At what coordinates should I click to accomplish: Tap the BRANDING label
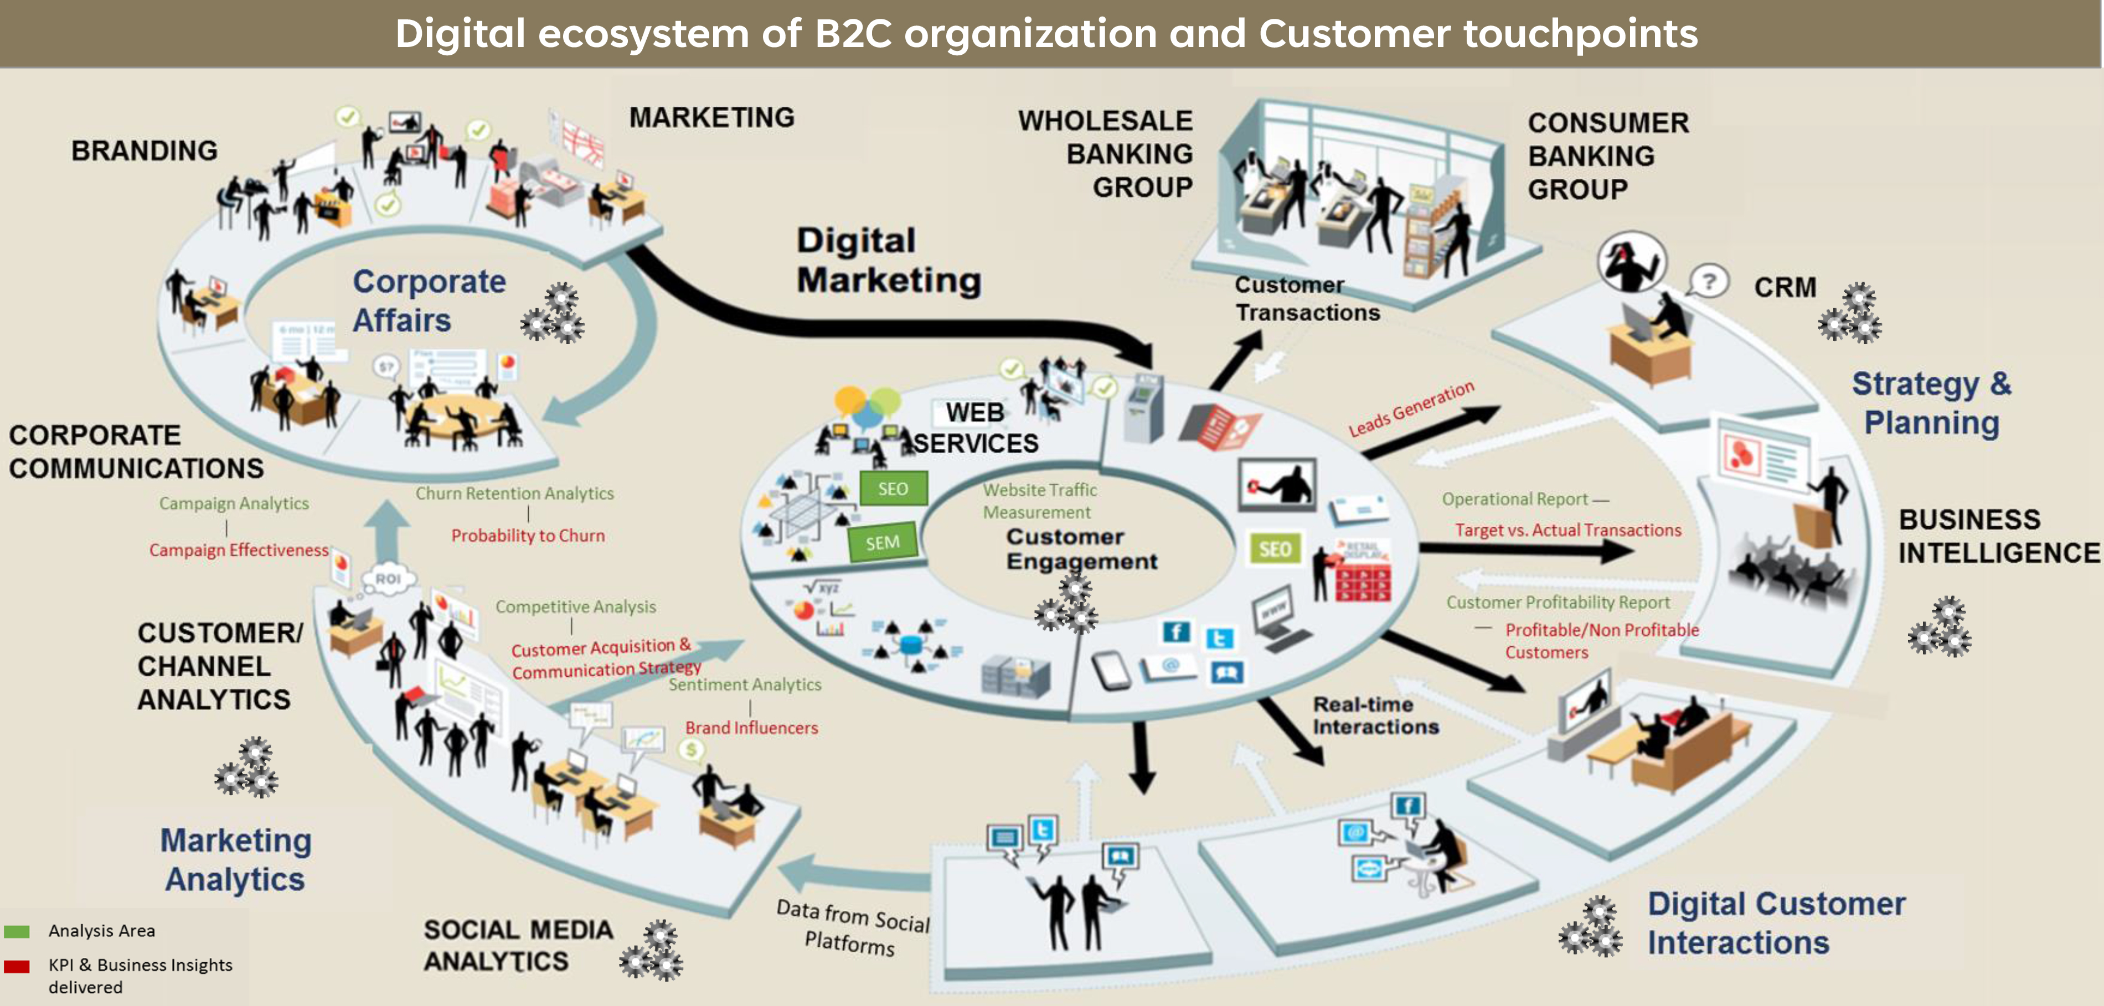[145, 151]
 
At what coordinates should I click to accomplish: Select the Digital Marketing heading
[889, 261]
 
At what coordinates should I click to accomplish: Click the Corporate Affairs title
[429, 300]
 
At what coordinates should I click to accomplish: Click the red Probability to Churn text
[528, 536]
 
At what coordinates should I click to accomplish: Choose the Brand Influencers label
[751, 728]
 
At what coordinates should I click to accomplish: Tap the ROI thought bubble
[388, 579]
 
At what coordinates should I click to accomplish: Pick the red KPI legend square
[17, 967]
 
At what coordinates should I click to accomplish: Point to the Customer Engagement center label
[1081, 549]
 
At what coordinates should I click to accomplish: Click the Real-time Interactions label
[1375, 715]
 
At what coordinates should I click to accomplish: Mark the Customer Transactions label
[1307, 299]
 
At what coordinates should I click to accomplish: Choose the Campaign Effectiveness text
[239, 551]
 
